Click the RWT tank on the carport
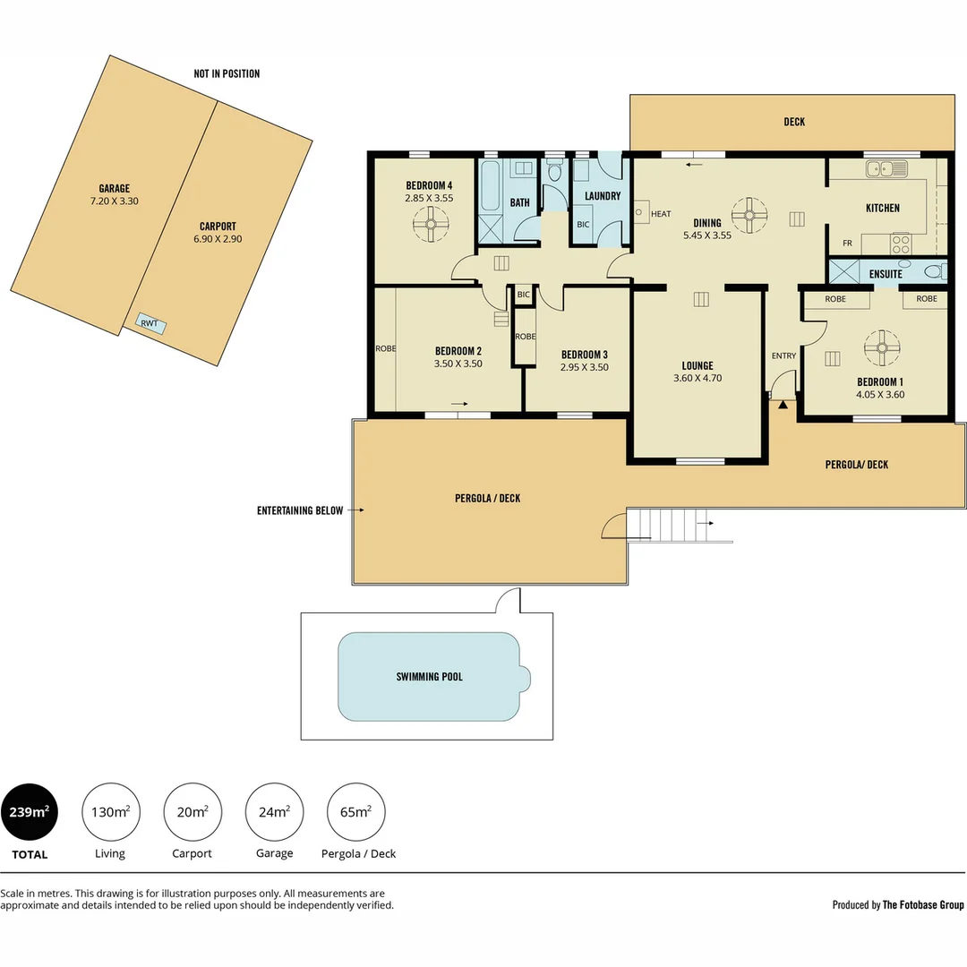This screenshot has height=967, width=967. (150, 323)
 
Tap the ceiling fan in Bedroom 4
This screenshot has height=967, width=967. (430, 225)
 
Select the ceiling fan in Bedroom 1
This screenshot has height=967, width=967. (881, 348)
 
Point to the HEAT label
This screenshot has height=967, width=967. (661, 214)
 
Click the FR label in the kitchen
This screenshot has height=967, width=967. (846, 244)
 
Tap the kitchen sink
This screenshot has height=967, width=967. (886, 167)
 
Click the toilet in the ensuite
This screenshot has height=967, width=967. (934, 272)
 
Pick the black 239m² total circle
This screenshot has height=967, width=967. (30, 812)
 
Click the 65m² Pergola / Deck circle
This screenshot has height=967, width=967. (356, 812)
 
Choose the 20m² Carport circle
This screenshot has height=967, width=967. (193, 812)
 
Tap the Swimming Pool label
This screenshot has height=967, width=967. (429, 677)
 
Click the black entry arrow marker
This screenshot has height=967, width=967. (783, 405)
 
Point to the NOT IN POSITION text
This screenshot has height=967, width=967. (227, 73)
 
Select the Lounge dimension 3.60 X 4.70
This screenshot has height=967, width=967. (697, 378)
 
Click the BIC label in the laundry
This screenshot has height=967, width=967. (583, 224)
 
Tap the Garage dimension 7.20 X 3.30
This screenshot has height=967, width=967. (114, 201)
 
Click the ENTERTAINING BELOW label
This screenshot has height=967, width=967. (300, 510)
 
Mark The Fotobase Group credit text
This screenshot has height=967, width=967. (923, 905)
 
